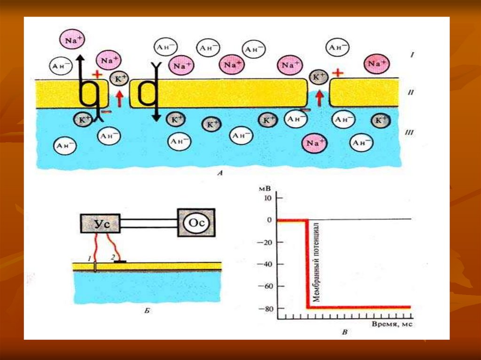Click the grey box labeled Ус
tap(100, 224)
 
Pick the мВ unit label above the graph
tap(265, 187)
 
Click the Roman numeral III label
tap(409, 133)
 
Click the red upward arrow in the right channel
tap(320, 98)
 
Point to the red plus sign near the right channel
tap(338, 73)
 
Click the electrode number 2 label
tap(112, 257)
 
